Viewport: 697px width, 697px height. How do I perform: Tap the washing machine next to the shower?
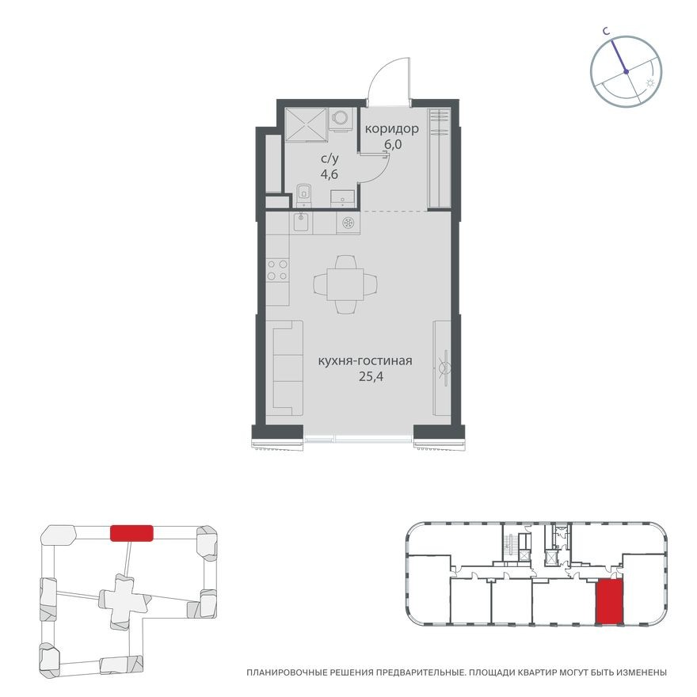click(x=341, y=118)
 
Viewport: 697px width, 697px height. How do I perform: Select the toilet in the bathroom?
click(x=304, y=192)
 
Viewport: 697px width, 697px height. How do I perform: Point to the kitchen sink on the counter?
click(x=301, y=223)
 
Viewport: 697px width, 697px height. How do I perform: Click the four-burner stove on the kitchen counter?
click(x=277, y=270)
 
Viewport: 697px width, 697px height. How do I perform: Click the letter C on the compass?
click(x=604, y=32)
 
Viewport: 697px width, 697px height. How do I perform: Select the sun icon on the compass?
click(x=650, y=82)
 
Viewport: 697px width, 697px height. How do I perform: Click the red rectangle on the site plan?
click(x=131, y=533)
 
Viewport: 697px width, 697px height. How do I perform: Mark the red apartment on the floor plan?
click(x=608, y=601)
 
